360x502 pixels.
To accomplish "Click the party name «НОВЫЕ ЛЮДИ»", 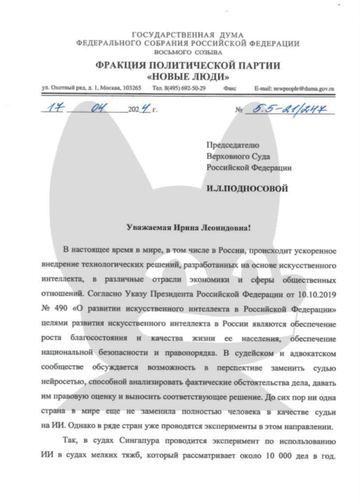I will [x=187, y=76].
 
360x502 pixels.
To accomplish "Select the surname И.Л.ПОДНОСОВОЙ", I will [x=247, y=189].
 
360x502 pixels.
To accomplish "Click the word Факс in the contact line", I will [x=230, y=89].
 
